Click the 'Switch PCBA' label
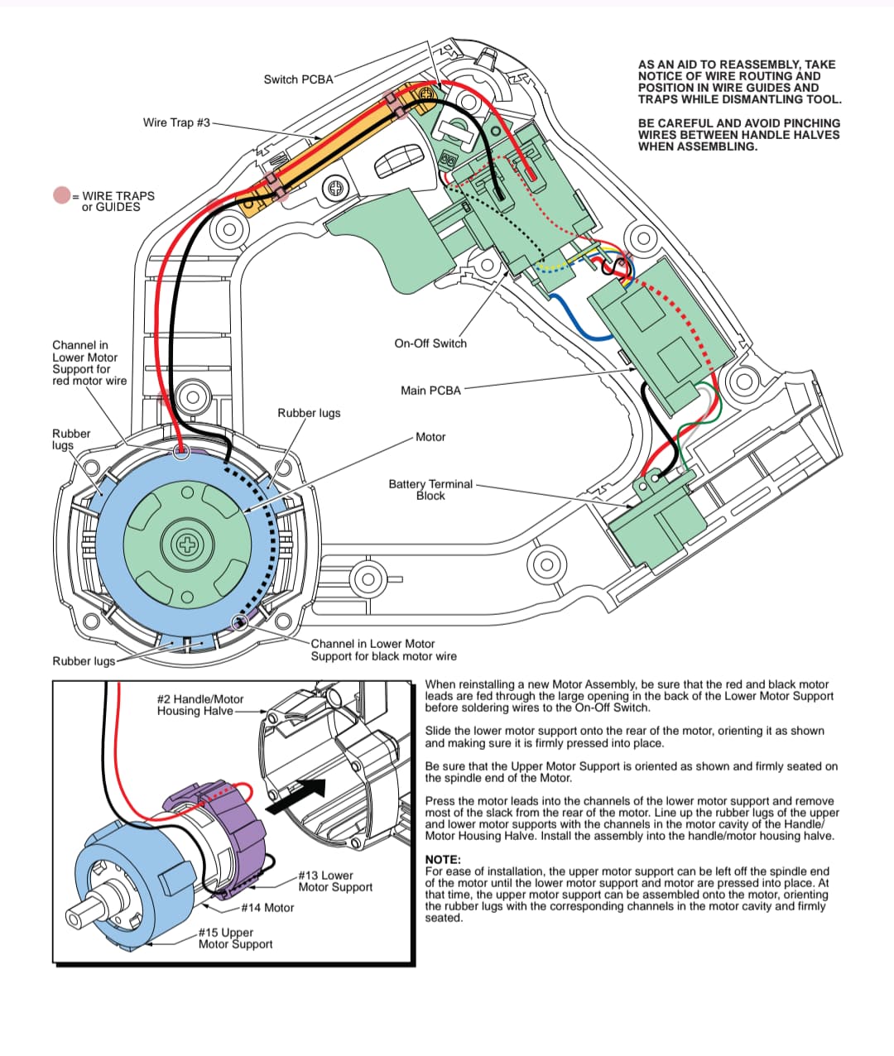coord(298,79)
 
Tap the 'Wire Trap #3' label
coord(176,122)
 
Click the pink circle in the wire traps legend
coord(62,196)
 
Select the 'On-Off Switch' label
coord(430,343)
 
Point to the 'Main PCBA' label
coord(430,390)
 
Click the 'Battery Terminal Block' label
coord(430,490)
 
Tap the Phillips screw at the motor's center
coord(188,545)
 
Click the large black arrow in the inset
coord(294,795)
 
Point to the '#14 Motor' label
coord(267,908)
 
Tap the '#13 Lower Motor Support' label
coord(335,881)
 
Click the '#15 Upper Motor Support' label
coord(235,938)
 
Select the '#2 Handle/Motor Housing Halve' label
coord(200,705)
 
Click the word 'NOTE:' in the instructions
coord(443,860)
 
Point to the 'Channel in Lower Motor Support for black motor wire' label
coord(382,650)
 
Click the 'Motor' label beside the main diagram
coord(430,437)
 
